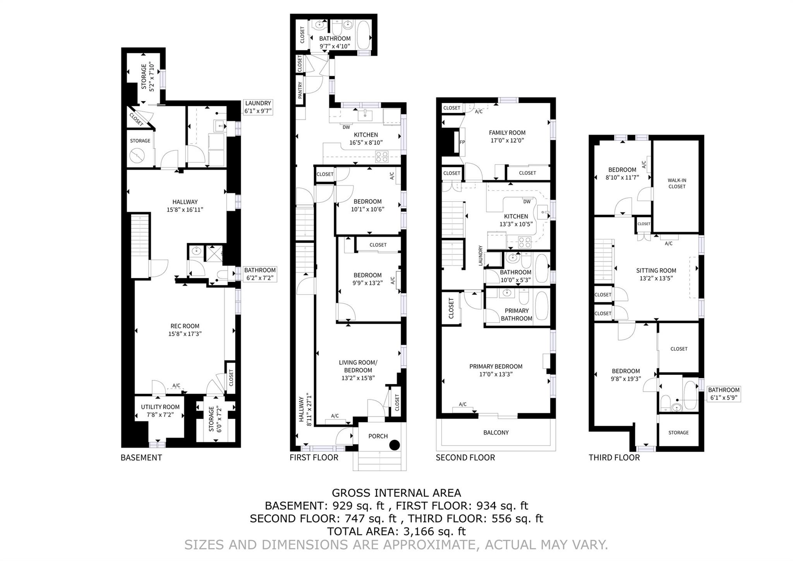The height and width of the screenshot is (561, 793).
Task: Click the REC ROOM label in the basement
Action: tap(185, 326)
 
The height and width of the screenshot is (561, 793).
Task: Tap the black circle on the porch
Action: tap(394, 445)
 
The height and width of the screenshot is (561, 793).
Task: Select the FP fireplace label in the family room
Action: tap(462, 142)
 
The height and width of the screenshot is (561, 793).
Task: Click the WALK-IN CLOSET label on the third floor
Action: tap(676, 183)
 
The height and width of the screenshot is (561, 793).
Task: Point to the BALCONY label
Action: tap(496, 433)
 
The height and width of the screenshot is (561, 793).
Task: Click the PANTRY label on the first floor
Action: tap(300, 90)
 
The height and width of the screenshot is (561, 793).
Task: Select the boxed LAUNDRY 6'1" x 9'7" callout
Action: tap(258, 107)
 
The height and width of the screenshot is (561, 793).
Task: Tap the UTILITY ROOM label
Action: tap(160, 407)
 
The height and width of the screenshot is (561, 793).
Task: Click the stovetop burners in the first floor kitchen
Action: tap(381, 157)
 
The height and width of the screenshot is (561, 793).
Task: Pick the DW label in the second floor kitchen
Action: tap(527, 202)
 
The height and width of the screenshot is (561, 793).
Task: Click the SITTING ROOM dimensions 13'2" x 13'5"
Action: tap(656, 278)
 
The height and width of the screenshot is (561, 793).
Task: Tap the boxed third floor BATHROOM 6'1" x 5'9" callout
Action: tap(723, 394)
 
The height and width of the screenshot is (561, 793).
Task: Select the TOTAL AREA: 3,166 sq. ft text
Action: tap(396, 531)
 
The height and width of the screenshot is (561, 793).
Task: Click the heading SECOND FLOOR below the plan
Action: tap(465, 457)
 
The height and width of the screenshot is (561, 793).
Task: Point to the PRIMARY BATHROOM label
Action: tap(516, 314)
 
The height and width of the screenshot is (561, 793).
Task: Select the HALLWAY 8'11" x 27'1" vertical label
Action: tap(304, 411)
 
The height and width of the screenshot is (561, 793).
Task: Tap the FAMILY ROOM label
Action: tap(507, 133)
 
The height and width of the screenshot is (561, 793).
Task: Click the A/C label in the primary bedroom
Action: tap(462, 404)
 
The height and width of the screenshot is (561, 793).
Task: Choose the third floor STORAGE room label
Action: tap(678, 433)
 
